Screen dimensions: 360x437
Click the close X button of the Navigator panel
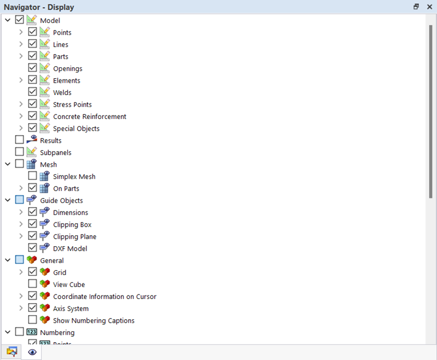coord(430,7)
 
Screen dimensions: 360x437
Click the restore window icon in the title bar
coord(416,7)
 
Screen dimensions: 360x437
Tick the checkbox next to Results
coord(20,140)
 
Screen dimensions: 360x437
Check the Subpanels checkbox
coord(20,152)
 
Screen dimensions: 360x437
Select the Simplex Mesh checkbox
coord(33,177)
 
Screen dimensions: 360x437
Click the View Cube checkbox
coord(33,285)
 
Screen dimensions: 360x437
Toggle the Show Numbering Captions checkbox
coord(33,320)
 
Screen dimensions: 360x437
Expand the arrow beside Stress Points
coord(21,105)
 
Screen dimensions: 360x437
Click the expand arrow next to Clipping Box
coord(21,225)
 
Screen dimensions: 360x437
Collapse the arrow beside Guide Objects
coord(8,201)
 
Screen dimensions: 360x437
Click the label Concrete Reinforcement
coord(89,117)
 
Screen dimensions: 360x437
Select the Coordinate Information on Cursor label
coord(105,297)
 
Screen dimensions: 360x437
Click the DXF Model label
coord(70,249)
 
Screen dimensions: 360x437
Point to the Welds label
coord(62,93)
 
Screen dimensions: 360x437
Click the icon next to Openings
coord(45,68)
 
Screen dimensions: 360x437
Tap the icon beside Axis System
coord(45,308)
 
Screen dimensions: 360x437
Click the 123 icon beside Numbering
coord(32,332)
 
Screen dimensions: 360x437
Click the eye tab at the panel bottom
coord(32,352)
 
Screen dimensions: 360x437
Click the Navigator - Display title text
coord(39,7)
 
